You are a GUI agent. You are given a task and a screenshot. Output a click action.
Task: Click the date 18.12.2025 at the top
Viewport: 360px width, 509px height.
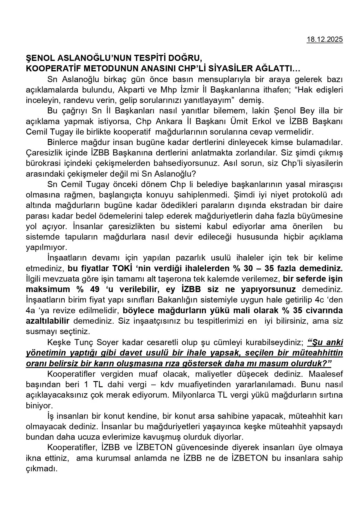pyautogui.click(x=325, y=40)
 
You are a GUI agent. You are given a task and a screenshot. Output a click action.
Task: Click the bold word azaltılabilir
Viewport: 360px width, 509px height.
pyautogui.click(x=48, y=321)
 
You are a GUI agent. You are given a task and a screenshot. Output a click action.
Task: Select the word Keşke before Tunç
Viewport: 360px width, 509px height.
pyautogui.click(x=59, y=343)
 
